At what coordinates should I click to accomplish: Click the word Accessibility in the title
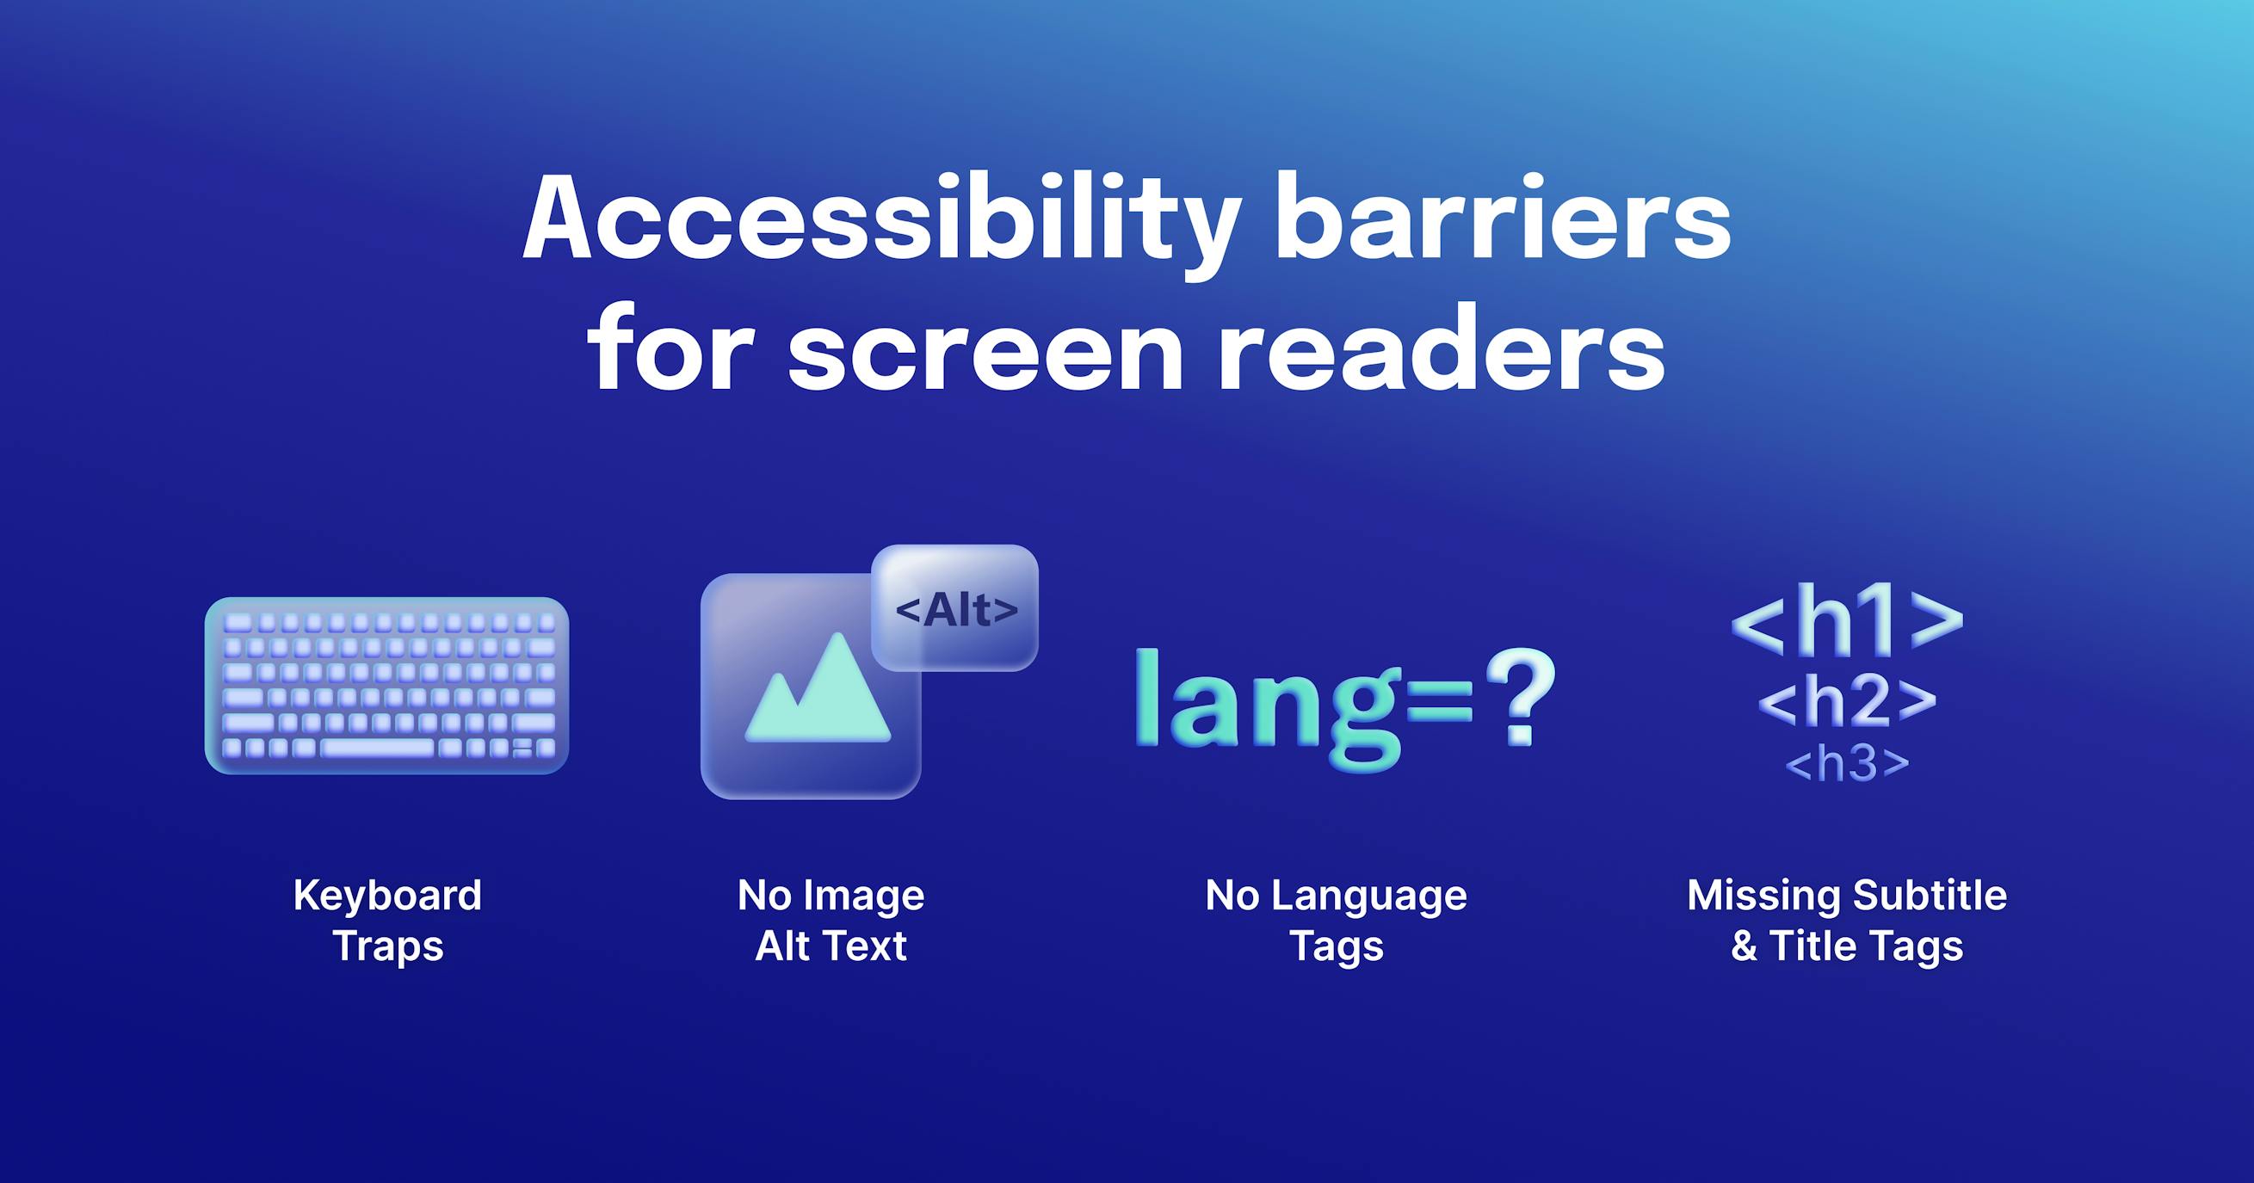click(x=880, y=219)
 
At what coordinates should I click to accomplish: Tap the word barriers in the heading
click(x=1503, y=219)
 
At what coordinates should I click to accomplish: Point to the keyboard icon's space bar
click(x=377, y=749)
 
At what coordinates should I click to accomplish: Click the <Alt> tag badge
click(x=956, y=609)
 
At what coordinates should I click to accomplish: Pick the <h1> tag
click(x=1847, y=622)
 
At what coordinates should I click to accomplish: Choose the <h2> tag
click(x=1847, y=702)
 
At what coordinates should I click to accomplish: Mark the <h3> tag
click(x=1847, y=764)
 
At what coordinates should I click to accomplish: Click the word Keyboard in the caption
click(x=386, y=896)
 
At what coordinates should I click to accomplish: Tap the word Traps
click(x=387, y=946)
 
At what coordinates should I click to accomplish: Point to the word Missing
click(x=1763, y=896)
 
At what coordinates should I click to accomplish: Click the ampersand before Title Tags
click(x=1744, y=946)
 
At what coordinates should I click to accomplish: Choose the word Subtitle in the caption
click(x=1930, y=896)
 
